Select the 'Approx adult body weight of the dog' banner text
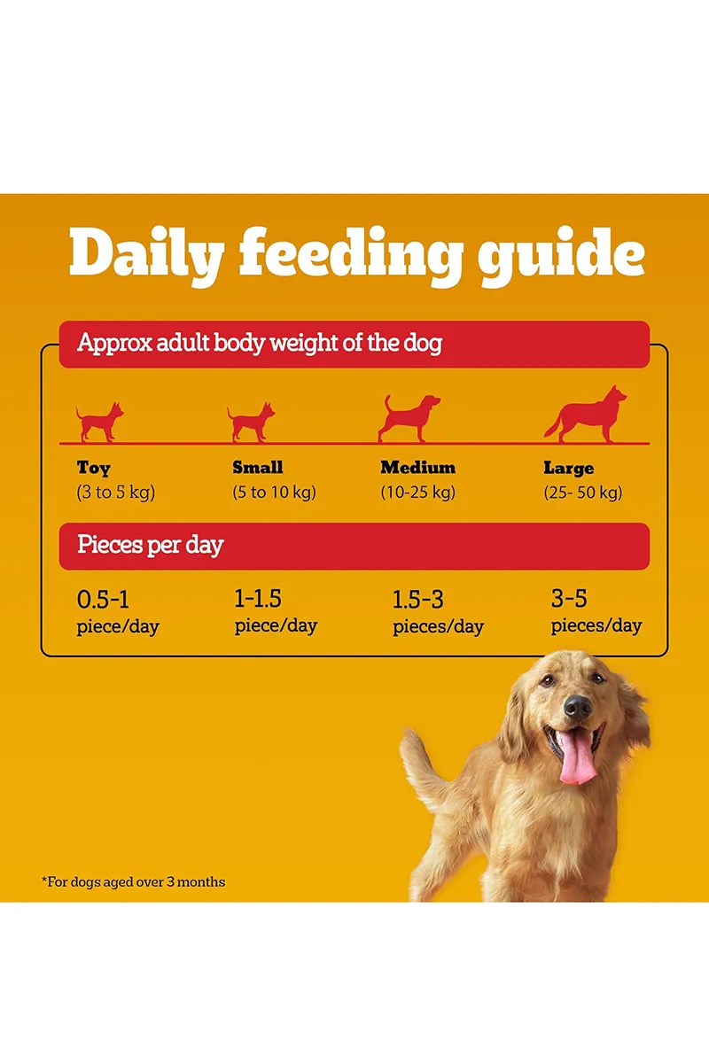point(259,344)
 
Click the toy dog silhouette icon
point(99,423)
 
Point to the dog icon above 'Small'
point(251,423)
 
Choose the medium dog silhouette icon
point(409,418)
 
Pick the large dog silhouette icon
point(586,415)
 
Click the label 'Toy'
point(94,468)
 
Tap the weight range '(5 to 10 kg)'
point(274,493)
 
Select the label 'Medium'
point(417,467)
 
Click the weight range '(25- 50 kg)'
point(582,493)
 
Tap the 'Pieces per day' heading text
point(150,545)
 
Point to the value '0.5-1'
point(103,600)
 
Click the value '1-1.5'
point(258,599)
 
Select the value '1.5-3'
point(417,600)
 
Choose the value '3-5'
point(569,599)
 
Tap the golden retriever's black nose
point(577,706)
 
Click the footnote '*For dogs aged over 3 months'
point(134,881)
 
